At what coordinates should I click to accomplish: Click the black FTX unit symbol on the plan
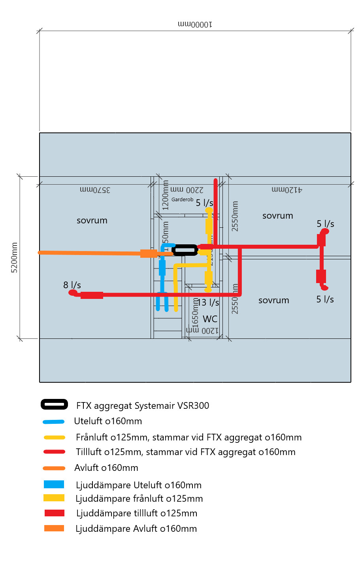[185, 250]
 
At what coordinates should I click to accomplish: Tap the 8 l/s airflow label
[72, 285]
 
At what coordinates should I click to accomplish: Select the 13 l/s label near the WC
[208, 302]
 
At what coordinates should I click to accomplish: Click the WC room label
[210, 319]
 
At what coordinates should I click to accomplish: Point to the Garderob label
[182, 200]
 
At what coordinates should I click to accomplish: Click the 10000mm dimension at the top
[195, 25]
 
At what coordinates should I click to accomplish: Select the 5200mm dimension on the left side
[14, 257]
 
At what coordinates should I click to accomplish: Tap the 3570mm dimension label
[95, 190]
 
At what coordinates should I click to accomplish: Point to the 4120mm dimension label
[287, 190]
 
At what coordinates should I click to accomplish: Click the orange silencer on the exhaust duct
[149, 253]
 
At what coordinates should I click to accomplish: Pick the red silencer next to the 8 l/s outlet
[92, 295]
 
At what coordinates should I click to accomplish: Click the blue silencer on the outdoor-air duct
[162, 268]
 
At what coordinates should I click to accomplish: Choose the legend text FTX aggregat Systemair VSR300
[143, 406]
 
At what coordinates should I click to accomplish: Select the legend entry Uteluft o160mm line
[54, 422]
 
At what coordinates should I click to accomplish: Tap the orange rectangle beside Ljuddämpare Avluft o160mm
[54, 528]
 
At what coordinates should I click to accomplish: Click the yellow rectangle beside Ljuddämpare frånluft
[54, 498]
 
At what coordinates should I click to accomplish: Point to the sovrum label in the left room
[92, 221]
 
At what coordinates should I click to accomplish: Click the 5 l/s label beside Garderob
[204, 203]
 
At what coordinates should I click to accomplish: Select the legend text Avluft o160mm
[106, 468]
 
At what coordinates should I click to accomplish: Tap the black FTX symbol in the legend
[55, 404]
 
